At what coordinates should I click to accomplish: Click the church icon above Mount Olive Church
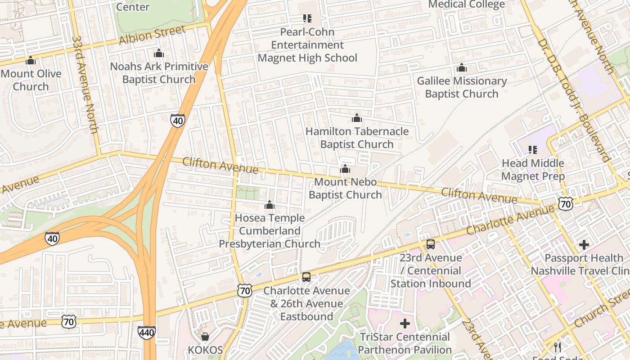(x=31, y=60)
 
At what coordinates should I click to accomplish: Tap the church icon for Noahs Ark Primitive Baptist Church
(x=158, y=54)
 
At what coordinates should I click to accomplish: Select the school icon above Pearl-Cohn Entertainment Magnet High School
(x=307, y=18)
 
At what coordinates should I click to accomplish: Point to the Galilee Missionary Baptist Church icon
(x=461, y=68)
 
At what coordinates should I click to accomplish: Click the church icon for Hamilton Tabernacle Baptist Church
(x=357, y=118)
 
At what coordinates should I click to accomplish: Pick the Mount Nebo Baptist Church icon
(x=345, y=169)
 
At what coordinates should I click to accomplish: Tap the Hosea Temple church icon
(x=270, y=205)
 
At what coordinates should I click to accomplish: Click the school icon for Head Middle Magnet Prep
(x=533, y=150)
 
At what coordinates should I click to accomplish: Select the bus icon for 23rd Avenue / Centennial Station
(x=431, y=244)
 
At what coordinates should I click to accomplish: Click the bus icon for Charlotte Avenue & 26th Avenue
(x=306, y=277)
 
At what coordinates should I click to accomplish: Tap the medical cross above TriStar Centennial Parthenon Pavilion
(x=405, y=324)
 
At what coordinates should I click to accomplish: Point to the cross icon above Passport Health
(x=584, y=245)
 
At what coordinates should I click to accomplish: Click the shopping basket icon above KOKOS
(x=205, y=337)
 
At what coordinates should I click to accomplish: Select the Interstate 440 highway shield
(x=147, y=333)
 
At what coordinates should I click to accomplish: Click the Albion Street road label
(x=152, y=36)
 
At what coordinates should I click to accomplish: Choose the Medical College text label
(x=466, y=4)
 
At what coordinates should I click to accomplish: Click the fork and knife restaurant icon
(x=558, y=347)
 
